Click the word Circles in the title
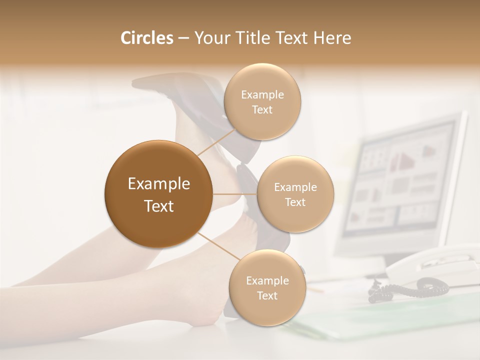click(x=147, y=38)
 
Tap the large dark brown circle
click(x=159, y=194)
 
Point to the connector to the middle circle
click(x=235, y=194)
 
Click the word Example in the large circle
click(x=159, y=184)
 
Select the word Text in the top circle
click(x=262, y=109)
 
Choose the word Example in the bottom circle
click(x=267, y=280)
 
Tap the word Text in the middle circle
click(x=295, y=202)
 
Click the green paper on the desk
click(x=380, y=315)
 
